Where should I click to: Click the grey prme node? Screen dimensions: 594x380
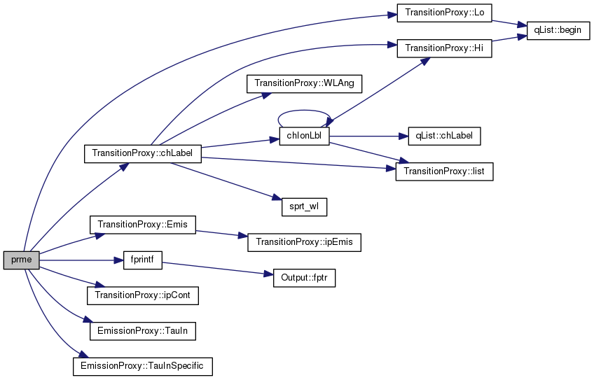(x=21, y=260)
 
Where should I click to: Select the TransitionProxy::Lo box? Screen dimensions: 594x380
(x=444, y=13)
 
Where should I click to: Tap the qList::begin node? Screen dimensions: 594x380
(x=558, y=30)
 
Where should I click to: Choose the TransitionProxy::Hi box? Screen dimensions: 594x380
(x=444, y=48)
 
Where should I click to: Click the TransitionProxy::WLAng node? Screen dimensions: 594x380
(x=304, y=84)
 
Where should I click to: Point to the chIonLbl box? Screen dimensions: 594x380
(x=304, y=136)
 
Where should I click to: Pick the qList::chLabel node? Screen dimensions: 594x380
(x=444, y=136)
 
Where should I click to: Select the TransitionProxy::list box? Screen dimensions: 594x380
(x=444, y=171)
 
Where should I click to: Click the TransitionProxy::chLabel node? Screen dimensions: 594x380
(x=142, y=154)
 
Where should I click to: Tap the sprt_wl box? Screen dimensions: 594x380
(x=304, y=207)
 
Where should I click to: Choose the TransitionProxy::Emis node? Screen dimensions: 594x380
(x=142, y=225)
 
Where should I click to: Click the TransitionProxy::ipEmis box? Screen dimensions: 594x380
(x=304, y=242)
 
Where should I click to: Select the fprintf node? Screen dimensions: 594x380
(x=142, y=260)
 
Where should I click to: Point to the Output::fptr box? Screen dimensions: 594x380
(x=304, y=278)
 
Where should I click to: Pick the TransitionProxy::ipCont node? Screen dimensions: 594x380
(x=142, y=295)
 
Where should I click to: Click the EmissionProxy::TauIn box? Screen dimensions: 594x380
(x=142, y=331)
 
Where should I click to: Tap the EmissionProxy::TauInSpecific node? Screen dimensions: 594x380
(x=142, y=367)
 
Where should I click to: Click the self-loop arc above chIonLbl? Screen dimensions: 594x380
(x=304, y=111)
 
